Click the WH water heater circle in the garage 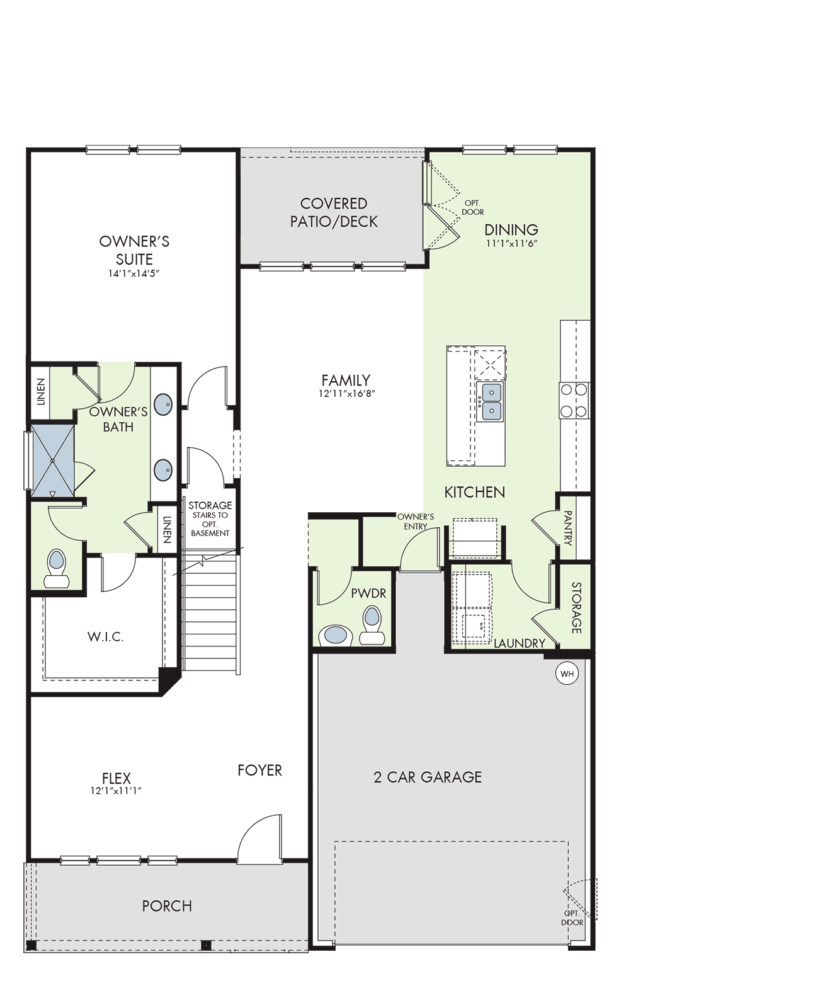[x=567, y=673]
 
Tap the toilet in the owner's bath [x=57, y=569]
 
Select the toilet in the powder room [x=372, y=626]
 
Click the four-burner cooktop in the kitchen [x=574, y=401]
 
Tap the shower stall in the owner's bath [x=52, y=461]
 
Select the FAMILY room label [x=346, y=381]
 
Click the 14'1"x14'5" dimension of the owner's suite [x=134, y=273]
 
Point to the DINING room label [x=511, y=230]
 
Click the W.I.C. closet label [x=106, y=637]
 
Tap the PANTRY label [x=567, y=528]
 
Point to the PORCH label [x=167, y=906]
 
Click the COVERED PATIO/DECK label [x=334, y=212]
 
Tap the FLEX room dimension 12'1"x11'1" [x=116, y=791]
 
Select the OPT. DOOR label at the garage [x=572, y=918]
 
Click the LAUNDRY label [x=520, y=643]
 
